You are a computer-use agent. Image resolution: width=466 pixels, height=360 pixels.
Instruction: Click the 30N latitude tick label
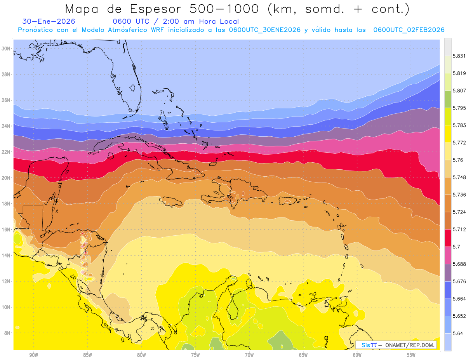click(6, 49)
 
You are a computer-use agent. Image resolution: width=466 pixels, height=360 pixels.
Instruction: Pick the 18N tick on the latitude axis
click(6, 203)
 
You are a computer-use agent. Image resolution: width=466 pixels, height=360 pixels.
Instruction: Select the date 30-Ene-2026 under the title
click(49, 22)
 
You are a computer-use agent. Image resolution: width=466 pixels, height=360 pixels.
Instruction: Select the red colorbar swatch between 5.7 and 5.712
click(448, 238)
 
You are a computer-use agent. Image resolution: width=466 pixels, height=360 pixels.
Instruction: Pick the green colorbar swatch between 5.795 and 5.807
click(448, 99)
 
